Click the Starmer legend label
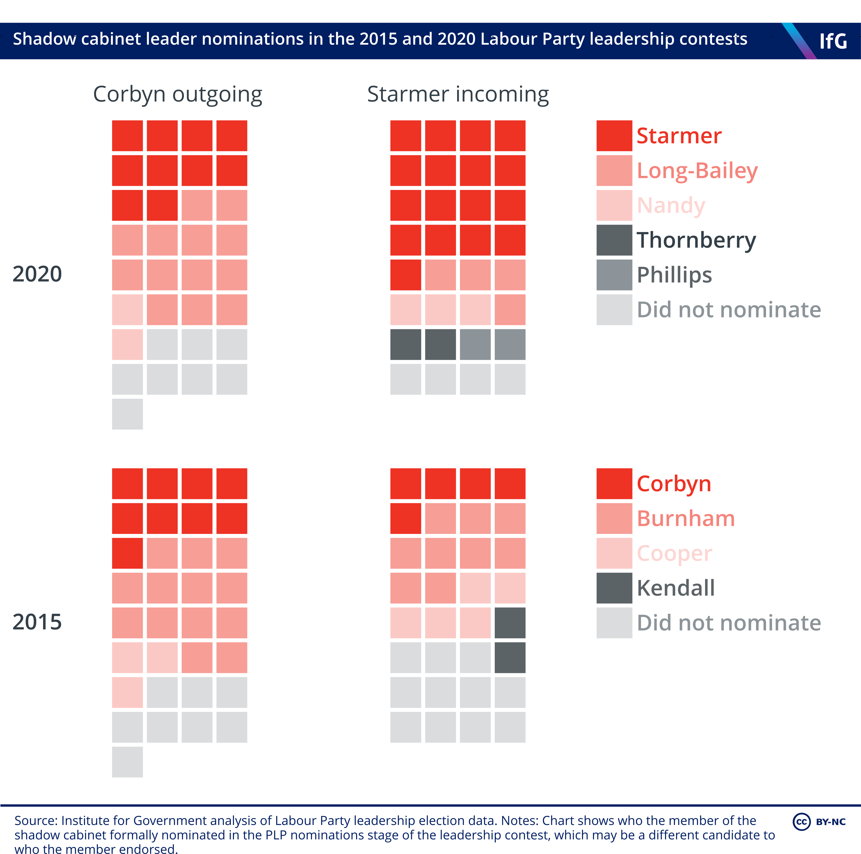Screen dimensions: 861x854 (679, 136)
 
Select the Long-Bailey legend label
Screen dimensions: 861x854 (697, 171)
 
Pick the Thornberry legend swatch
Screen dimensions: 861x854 (614, 240)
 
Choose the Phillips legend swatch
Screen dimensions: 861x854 (614, 275)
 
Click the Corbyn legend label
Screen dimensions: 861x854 (674, 484)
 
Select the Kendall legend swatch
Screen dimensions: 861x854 (614, 588)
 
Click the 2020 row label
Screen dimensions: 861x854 (37, 274)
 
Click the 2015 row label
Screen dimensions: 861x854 (37, 622)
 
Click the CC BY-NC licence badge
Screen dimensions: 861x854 (819, 821)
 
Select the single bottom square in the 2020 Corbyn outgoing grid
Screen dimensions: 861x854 (127, 414)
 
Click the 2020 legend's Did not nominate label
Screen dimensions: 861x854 (729, 310)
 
